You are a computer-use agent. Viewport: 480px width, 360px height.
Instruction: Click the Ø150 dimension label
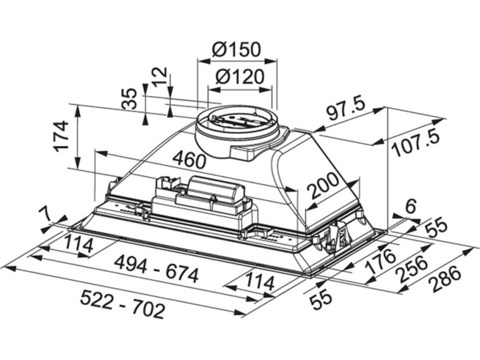point(237,49)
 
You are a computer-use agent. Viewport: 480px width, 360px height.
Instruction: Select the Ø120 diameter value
point(239,77)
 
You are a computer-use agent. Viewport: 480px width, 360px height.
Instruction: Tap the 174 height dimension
point(60,136)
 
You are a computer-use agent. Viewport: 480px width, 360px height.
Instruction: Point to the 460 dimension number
point(188,160)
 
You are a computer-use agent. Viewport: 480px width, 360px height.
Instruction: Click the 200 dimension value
point(323,186)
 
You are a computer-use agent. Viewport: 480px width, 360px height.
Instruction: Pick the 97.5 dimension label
point(345,109)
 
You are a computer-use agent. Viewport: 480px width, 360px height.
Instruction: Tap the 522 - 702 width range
point(123,305)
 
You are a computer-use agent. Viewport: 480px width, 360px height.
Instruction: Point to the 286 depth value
point(445,278)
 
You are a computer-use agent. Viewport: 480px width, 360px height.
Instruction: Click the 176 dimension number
point(379,261)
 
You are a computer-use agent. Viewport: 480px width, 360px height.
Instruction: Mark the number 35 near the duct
point(128,99)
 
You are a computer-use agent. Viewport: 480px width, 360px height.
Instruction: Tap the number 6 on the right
point(410,206)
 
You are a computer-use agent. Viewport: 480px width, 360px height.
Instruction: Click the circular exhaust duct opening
point(237,118)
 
